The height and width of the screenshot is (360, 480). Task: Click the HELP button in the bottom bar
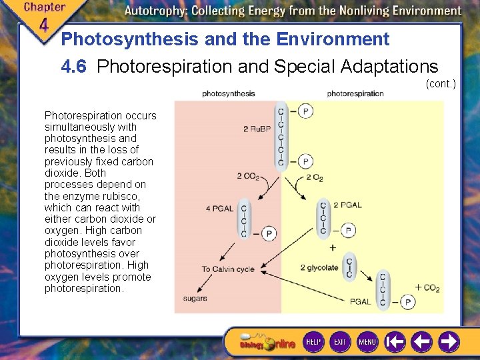(x=313, y=341)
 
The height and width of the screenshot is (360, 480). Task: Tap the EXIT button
(x=340, y=341)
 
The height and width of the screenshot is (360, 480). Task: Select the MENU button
(x=367, y=341)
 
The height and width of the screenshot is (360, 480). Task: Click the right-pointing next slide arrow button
(x=449, y=341)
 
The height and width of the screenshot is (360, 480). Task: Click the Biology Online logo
(x=267, y=343)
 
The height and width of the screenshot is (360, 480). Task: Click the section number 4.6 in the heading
(x=76, y=67)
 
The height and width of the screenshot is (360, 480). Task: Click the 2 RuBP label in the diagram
(x=256, y=129)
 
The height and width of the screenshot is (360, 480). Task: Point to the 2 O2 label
(x=314, y=177)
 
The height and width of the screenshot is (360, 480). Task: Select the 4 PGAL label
(x=219, y=208)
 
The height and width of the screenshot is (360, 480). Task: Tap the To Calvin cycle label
(x=227, y=269)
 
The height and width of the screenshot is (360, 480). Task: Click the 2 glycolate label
(x=319, y=268)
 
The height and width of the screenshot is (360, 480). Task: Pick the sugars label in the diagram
(x=195, y=298)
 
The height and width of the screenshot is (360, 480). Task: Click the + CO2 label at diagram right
(x=427, y=288)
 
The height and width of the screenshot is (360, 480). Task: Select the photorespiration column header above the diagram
(x=355, y=93)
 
